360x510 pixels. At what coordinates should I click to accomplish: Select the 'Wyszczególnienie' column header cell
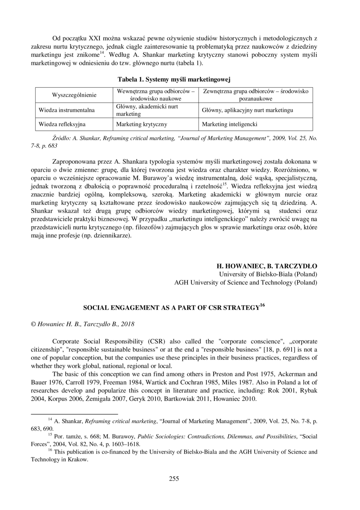point(74,95)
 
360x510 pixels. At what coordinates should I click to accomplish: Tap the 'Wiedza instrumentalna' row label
point(67,110)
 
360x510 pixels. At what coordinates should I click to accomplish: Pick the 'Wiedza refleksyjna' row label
point(62,124)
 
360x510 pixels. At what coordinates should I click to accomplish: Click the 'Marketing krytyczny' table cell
point(142,124)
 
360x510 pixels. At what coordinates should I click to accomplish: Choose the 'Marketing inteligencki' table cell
point(229,124)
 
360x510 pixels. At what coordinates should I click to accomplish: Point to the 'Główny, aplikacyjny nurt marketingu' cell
point(248,110)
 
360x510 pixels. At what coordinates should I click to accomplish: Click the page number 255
point(174,478)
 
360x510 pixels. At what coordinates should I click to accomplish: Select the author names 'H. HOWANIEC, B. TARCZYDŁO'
point(267,266)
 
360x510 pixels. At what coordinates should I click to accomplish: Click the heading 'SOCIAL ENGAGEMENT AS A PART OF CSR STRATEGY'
point(172,307)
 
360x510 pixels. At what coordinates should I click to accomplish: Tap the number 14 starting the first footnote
point(50,419)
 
